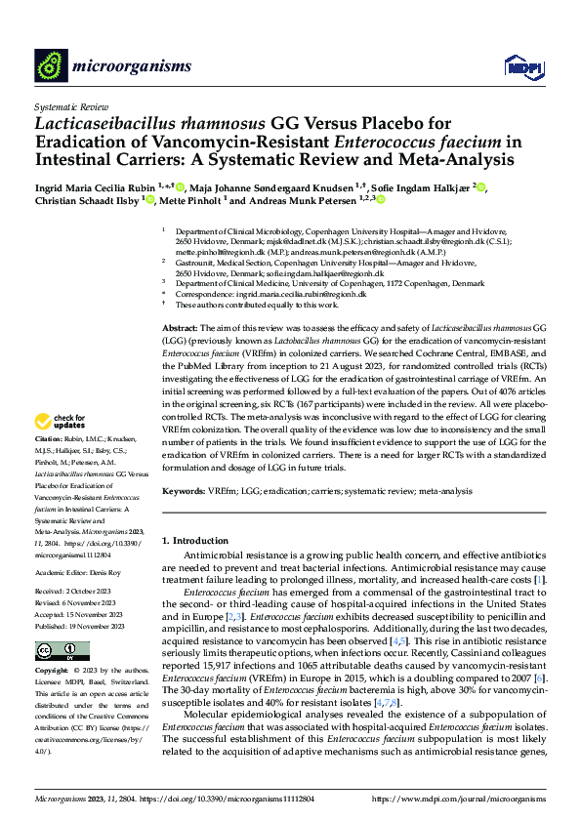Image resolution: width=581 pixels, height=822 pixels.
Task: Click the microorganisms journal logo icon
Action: click(x=52, y=65)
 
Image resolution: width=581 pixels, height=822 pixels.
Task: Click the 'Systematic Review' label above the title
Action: click(x=72, y=104)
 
